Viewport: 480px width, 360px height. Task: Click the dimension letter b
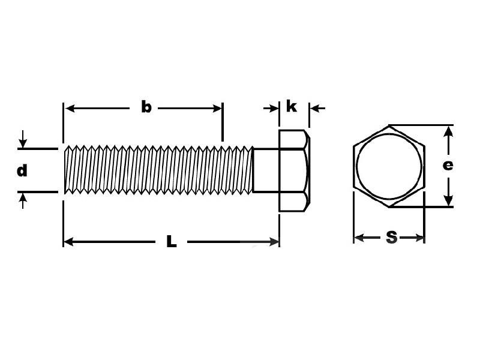click(146, 107)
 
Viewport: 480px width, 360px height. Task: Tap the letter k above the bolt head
click(291, 106)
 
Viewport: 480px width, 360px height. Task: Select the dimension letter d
click(22, 170)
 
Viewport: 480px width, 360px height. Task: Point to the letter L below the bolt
click(172, 241)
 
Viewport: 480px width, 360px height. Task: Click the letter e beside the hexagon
click(448, 166)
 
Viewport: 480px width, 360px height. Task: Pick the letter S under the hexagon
click(392, 237)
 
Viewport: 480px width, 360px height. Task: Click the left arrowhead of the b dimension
click(70, 108)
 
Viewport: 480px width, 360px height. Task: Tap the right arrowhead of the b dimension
click(217, 108)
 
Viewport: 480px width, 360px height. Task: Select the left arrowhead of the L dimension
click(68, 242)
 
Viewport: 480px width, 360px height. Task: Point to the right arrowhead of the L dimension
click(274, 242)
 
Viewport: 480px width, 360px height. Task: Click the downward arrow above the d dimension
click(23, 139)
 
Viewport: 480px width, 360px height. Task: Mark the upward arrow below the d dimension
click(23, 201)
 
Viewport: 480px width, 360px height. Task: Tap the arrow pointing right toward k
click(271, 108)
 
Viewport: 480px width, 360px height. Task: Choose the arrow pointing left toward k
click(317, 108)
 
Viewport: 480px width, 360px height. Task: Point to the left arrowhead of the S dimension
click(359, 238)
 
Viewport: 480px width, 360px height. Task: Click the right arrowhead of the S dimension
click(419, 238)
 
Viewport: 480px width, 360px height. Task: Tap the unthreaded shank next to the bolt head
click(266, 170)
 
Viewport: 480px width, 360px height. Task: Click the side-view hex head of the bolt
click(294, 170)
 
